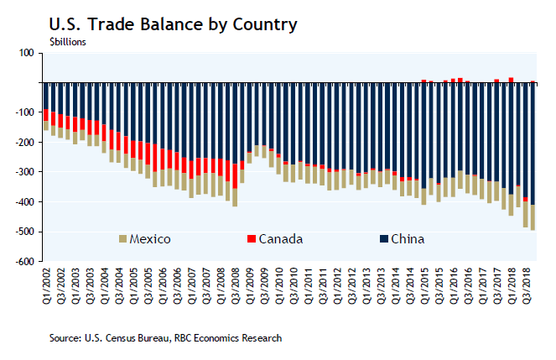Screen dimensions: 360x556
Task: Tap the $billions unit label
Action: (61, 40)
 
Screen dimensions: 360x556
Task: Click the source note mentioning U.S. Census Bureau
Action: (164, 337)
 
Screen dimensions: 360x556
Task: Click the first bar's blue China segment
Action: (46, 95)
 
